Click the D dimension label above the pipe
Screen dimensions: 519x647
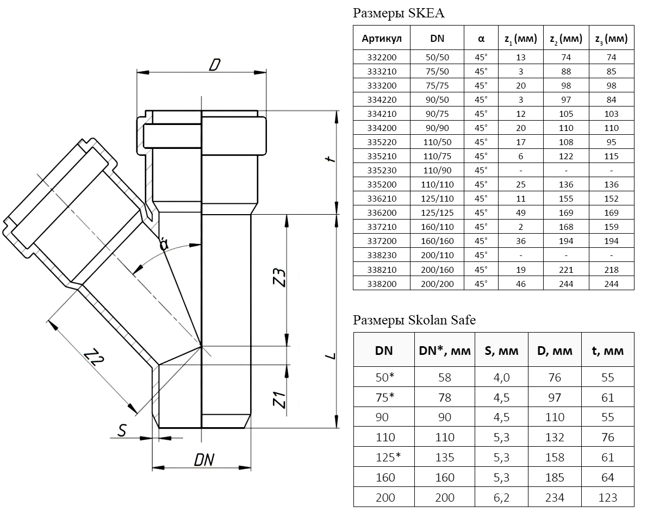(214, 65)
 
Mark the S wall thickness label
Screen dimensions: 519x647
(122, 431)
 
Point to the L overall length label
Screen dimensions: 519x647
(329, 356)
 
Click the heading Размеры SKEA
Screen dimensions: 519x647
(399, 14)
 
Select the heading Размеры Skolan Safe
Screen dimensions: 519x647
(414, 320)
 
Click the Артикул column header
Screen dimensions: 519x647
(382, 39)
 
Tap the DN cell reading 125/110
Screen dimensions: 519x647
(437, 198)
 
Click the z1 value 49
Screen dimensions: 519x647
(520, 212)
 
